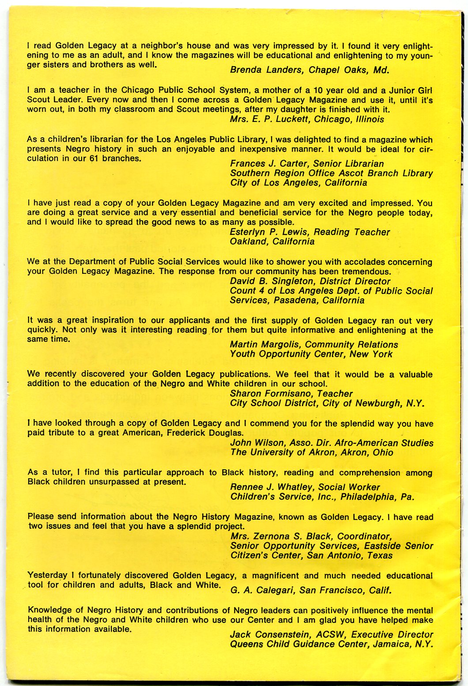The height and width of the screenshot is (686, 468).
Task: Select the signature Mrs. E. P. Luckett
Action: (x=270, y=119)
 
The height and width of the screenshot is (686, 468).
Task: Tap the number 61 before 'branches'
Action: (x=94, y=158)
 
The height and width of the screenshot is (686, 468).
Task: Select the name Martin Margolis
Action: (x=265, y=345)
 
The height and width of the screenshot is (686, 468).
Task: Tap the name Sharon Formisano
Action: (x=269, y=394)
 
